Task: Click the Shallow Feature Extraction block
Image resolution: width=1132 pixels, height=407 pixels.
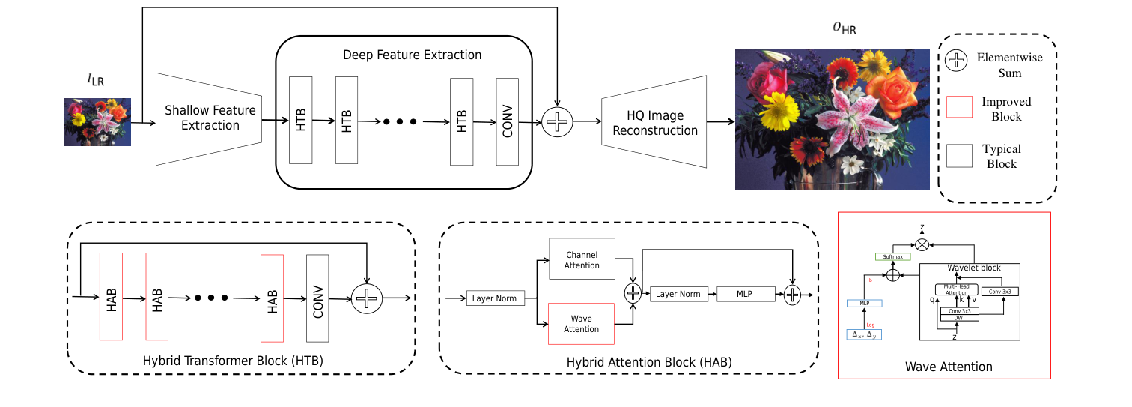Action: [x=210, y=118]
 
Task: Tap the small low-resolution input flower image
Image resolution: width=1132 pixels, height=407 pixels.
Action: [x=97, y=122]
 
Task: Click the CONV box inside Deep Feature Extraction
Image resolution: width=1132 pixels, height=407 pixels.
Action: [x=508, y=120]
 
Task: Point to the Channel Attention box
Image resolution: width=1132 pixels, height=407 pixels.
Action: [x=582, y=260]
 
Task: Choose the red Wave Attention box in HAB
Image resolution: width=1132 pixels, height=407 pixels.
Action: [x=582, y=324]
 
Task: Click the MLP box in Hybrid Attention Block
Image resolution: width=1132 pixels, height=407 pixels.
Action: [x=746, y=294]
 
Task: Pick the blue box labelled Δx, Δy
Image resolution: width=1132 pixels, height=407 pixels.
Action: [x=865, y=334]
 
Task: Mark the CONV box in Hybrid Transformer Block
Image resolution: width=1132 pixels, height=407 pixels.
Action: [x=317, y=297]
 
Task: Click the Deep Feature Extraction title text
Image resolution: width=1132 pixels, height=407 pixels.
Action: [x=412, y=55]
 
